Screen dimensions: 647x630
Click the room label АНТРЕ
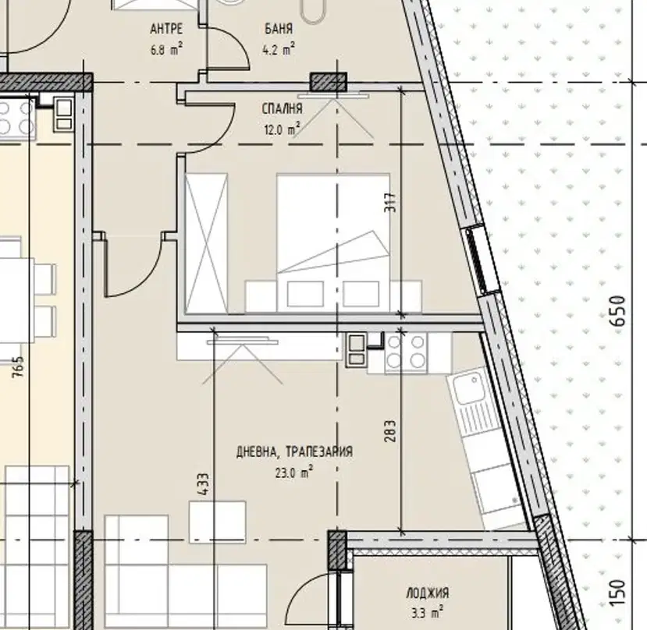pos(166,29)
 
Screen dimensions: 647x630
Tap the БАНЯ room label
pos(279,28)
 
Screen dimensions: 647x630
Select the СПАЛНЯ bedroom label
pos(283,108)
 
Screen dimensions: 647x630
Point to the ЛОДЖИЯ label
pos(428,593)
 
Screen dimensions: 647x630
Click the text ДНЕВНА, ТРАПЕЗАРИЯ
pos(294,451)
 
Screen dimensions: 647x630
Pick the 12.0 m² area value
pos(282,129)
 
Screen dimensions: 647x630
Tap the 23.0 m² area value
pos(294,472)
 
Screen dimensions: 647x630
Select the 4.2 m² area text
pos(279,49)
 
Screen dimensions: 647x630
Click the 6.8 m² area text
pos(167,50)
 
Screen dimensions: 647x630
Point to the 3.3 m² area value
pos(428,613)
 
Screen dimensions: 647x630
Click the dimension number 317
pos(390,203)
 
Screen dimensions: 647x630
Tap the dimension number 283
pos(390,431)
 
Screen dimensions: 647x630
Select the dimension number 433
pos(203,484)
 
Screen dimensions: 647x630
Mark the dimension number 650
pos(620,311)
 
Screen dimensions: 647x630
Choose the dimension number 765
pos(18,367)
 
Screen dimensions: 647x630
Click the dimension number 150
pos(620,593)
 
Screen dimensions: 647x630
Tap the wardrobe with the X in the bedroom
pos(206,244)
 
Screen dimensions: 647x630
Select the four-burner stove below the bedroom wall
pos(406,353)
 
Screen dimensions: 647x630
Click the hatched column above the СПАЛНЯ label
pos(329,82)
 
